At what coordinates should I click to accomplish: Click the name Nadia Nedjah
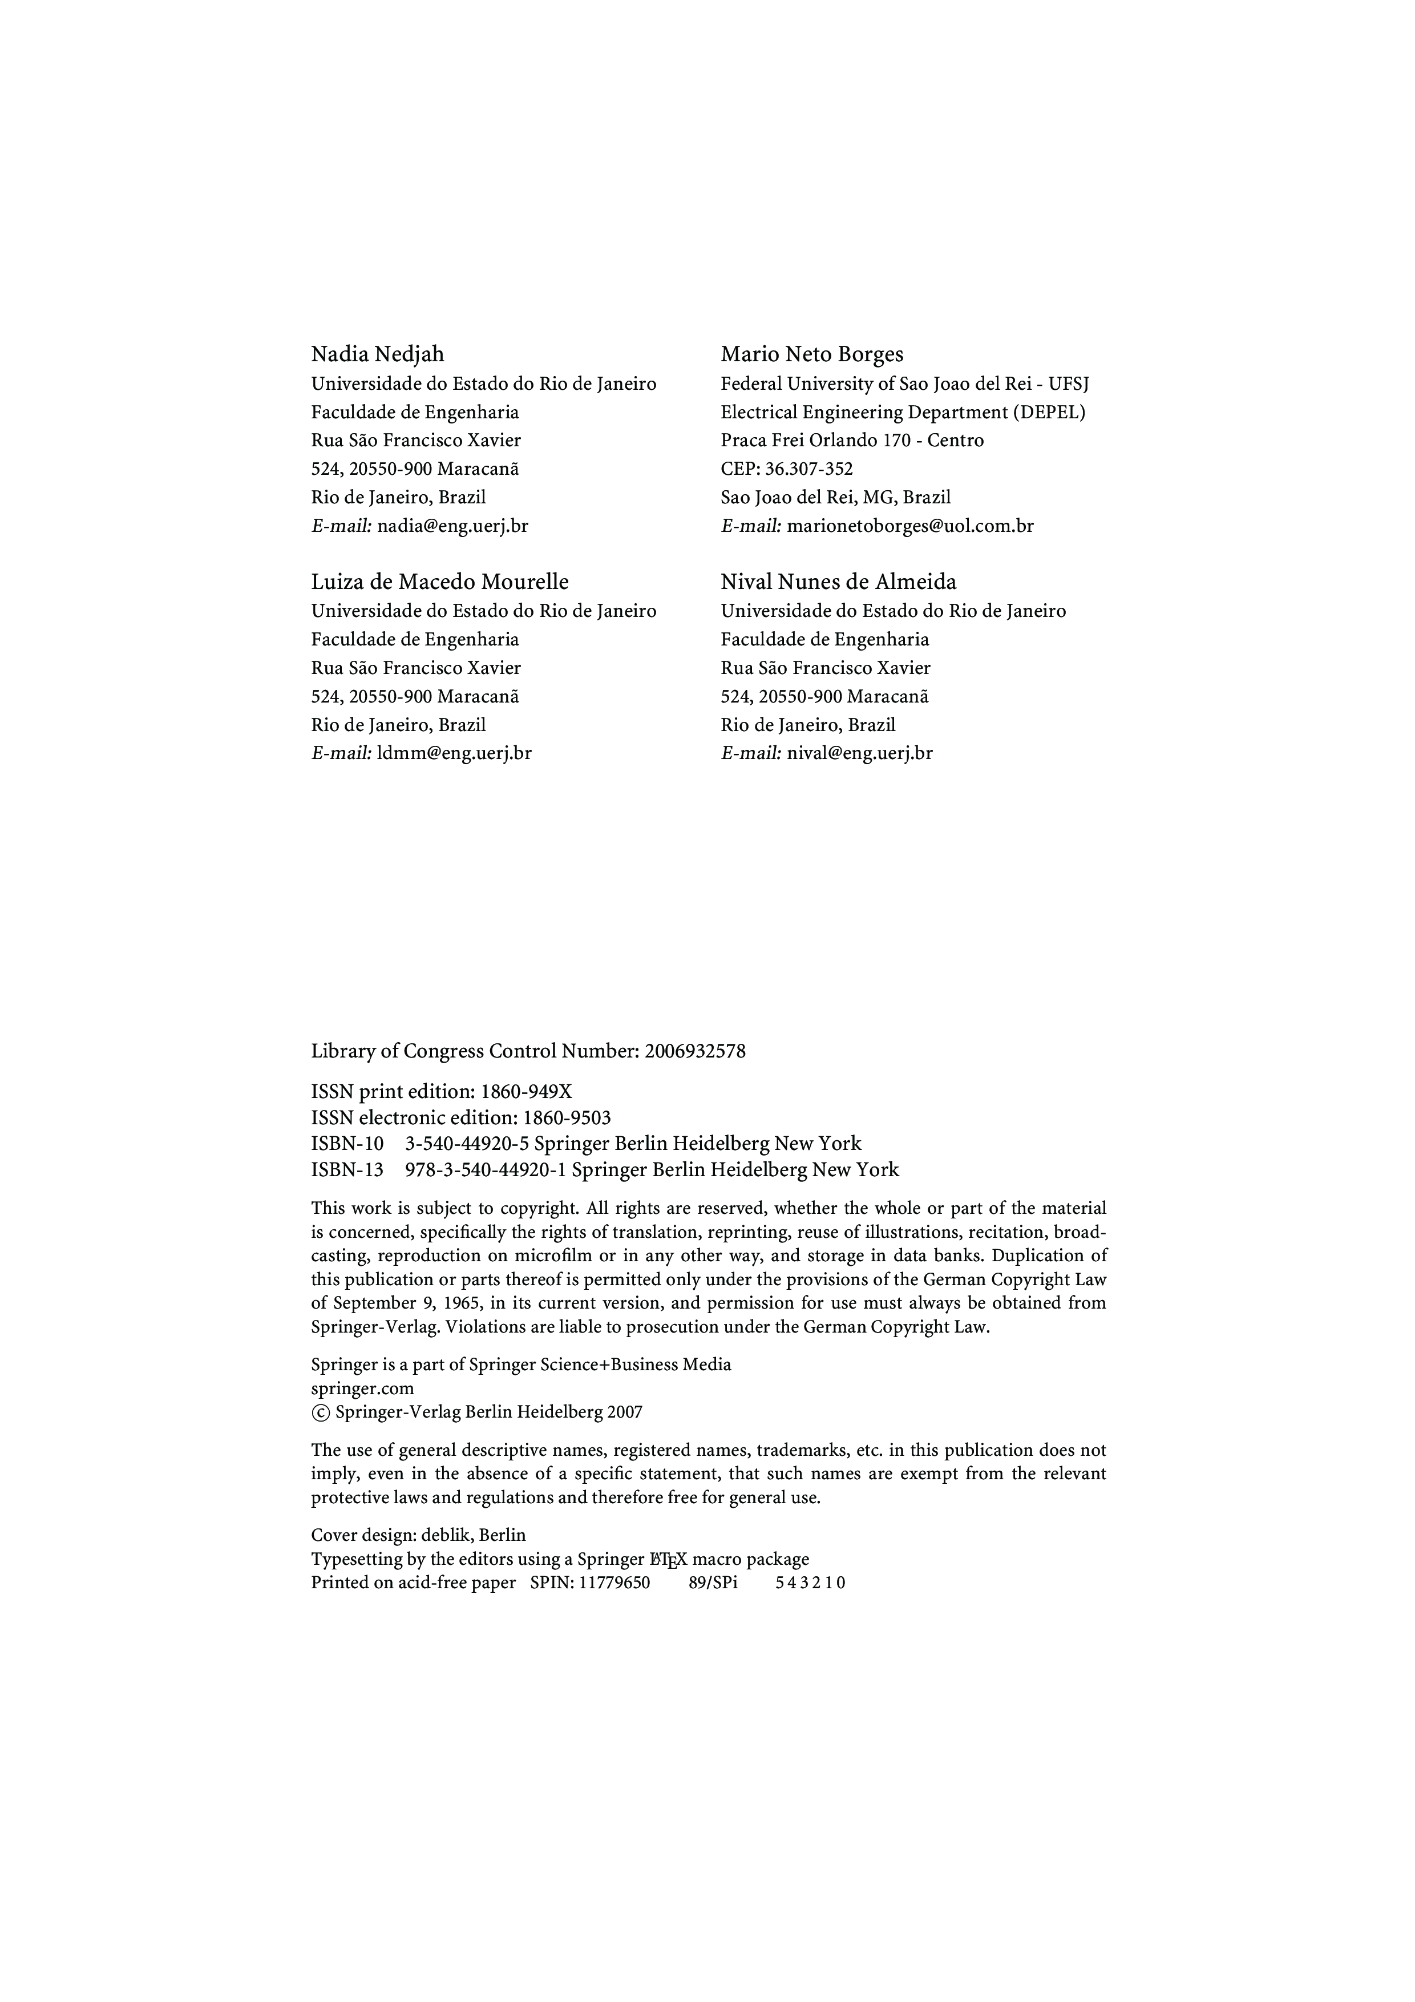378,354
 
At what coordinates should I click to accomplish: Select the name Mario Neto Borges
812,354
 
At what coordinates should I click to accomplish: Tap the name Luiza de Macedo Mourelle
439,582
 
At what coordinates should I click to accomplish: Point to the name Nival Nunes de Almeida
838,582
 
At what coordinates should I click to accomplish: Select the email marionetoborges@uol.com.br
910,526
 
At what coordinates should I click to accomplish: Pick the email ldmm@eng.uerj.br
454,753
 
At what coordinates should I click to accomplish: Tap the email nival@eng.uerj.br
860,753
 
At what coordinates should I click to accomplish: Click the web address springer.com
363,1388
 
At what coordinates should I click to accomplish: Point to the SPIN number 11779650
614,1583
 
